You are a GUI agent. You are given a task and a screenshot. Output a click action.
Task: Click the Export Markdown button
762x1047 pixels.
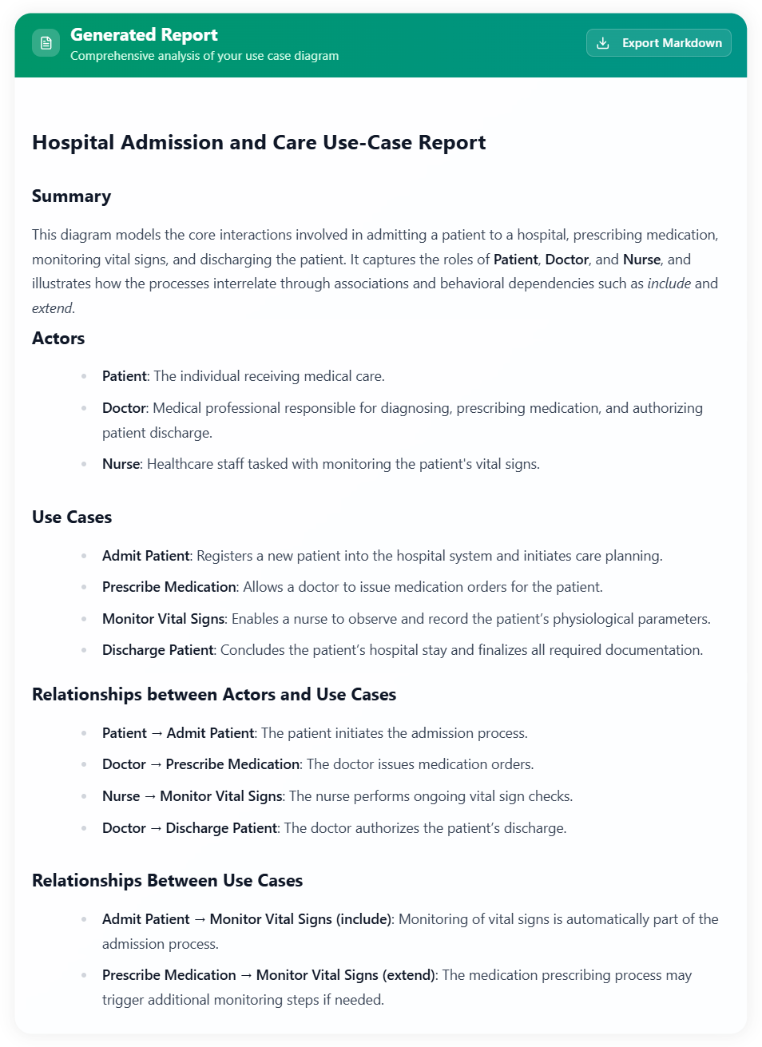pyautogui.click(x=658, y=43)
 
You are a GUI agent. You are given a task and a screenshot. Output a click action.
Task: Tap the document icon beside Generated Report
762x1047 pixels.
pyautogui.click(x=46, y=43)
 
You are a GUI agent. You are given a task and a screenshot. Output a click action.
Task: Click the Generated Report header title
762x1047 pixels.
pyautogui.click(x=144, y=34)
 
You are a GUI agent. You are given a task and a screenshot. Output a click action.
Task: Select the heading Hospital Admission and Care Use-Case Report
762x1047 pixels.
pyautogui.click(x=258, y=142)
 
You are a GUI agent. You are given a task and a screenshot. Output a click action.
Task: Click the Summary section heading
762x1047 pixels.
pyautogui.click(x=71, y=196)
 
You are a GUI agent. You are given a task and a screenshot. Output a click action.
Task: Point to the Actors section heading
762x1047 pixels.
pyautogui.click(x=58, y=339)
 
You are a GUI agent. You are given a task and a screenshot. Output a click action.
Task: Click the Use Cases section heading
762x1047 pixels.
pyautogui.click(x=72, y=517)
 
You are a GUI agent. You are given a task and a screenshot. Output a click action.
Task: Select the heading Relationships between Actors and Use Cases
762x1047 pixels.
pyautogui.click(x=213, y=694)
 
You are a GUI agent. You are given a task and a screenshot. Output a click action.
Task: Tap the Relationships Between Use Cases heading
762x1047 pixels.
pyautogui.click(x=167, y=880)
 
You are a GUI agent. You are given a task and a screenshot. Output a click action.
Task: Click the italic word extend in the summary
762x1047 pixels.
pyautogui.click(x=52, y=308)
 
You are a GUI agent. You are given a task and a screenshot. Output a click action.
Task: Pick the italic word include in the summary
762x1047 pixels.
pyautogui.click(x=669, y=284)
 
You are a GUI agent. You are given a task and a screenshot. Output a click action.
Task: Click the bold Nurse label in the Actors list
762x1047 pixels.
pyautogui.click(x=121, y=464)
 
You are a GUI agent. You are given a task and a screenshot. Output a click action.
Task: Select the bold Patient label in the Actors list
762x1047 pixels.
pyautogui.click(x=124, y=376)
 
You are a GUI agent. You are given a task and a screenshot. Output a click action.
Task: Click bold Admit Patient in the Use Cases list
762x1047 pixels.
pyautogui.click(x=145, y=556)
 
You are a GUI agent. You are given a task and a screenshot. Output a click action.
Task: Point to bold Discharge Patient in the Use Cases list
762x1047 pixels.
pyautogui.click(x=157, y=650)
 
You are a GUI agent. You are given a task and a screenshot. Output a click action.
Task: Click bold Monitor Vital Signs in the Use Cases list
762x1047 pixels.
pyautogui.click(x=163, y=619)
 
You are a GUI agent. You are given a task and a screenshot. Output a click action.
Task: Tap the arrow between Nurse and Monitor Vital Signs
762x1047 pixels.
pyautogui.click(x=150, y=796)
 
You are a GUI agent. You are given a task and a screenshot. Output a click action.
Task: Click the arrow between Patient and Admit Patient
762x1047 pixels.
pyautogui.click(x=157, y=733)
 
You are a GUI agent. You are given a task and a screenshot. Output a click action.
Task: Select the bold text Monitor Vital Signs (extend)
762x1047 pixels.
pyautogui.click(x=345, y=975)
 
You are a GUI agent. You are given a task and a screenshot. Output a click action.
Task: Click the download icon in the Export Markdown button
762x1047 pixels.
pyautogui.click(x=603, y=43)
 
